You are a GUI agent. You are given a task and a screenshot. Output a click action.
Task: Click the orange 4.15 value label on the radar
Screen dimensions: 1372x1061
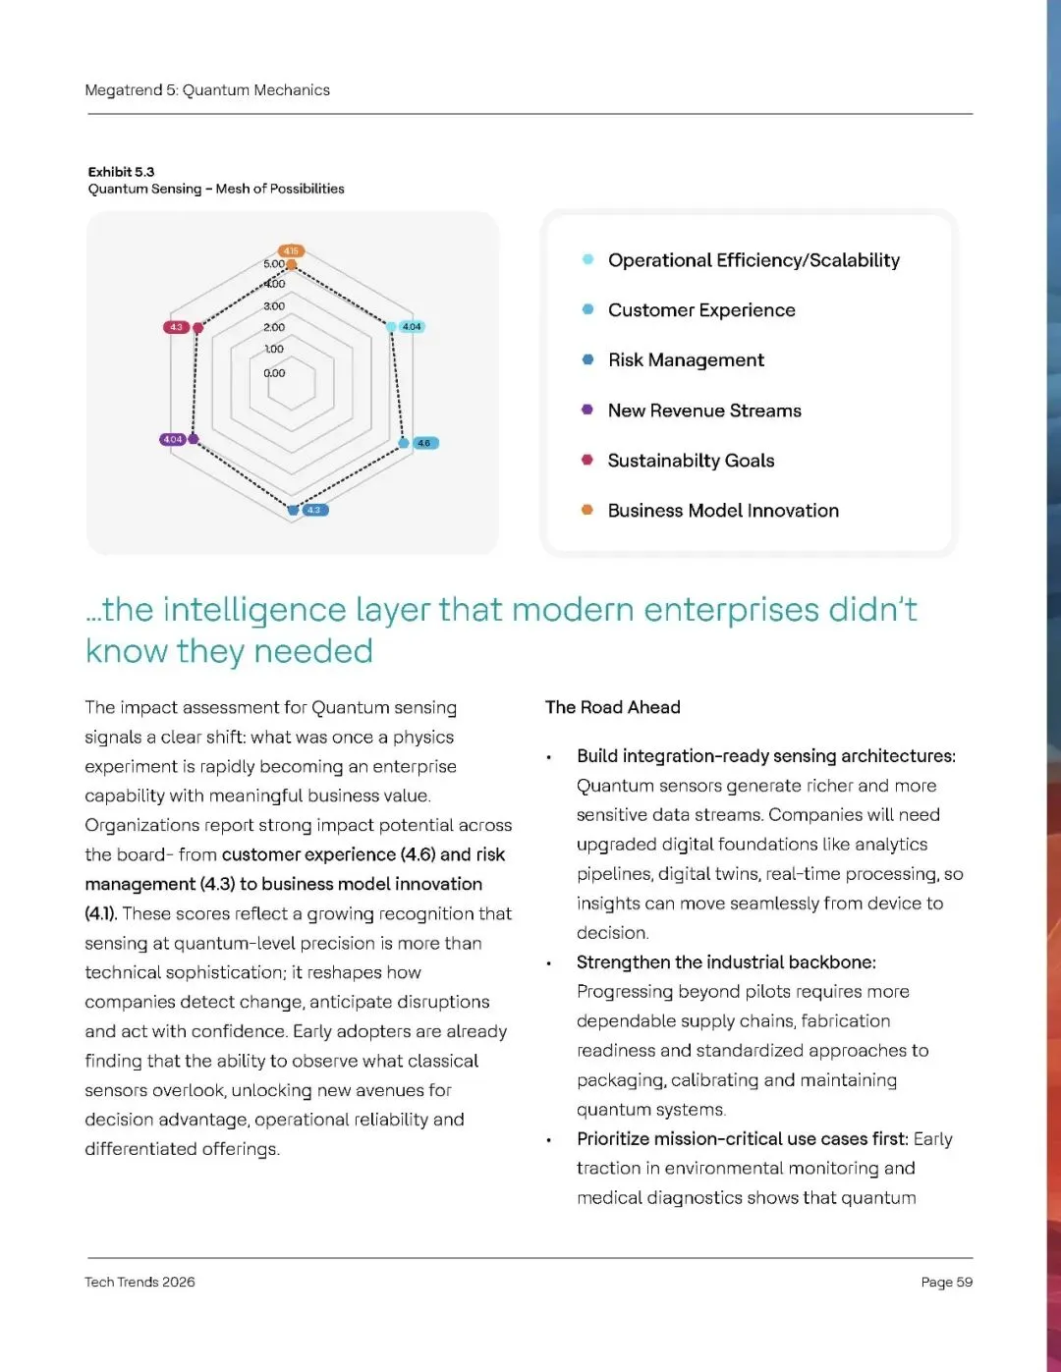[x=291, y=251]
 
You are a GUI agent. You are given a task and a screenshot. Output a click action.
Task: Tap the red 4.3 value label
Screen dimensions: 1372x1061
[x=176, y=327]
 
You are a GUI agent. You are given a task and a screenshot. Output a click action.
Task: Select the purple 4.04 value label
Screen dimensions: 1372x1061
[x=173, y=439]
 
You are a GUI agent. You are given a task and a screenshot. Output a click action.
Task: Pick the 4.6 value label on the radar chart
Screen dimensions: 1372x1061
[x=424, y=443]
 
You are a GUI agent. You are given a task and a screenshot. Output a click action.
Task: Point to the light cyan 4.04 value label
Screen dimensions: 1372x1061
[x=412, y=326]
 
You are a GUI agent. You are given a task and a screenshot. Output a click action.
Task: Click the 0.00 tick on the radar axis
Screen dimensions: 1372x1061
[x=274, y=373]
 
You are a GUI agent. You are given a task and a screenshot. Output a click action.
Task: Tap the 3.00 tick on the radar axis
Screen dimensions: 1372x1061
[x=274, y=306]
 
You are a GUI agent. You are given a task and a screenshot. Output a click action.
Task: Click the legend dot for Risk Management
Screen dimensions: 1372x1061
[x=587, y=359]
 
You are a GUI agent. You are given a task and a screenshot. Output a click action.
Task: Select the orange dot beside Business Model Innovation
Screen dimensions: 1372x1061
[x=587, y=510]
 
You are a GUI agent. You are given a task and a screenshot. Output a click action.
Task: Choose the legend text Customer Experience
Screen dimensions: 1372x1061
[x=701, y=310]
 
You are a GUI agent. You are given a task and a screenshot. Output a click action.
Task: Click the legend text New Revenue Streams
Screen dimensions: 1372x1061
[x=704, y=411]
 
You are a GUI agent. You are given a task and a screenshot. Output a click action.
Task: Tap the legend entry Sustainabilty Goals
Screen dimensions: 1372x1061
[x=691, y=461]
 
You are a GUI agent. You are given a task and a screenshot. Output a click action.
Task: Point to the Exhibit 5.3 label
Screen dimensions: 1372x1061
[x=121, y=172]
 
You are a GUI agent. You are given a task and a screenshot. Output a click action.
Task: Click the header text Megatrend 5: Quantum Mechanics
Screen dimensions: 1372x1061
[x=207, y=90]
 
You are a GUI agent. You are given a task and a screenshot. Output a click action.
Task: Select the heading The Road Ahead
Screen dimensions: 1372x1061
[x=613, y=707]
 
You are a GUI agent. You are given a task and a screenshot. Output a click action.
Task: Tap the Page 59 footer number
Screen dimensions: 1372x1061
[x=946, y=1282]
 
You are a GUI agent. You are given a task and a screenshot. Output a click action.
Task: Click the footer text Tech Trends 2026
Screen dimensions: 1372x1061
[x=140, y=1282]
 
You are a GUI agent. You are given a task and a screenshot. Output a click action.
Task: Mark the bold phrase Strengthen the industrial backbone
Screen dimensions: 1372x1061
[x=726, y=962]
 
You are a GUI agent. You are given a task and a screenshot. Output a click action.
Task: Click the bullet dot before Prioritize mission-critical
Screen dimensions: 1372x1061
[x=549, y=1140]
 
